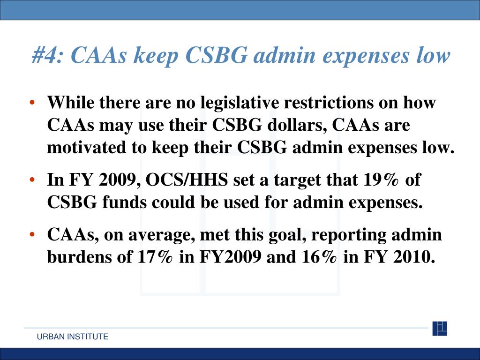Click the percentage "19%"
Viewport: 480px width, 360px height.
click(x=381, y=180)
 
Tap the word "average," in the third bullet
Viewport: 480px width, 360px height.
click(x=159, y=235)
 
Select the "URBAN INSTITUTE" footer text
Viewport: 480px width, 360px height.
click(x=73, y=337)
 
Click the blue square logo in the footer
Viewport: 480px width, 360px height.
click(x=440, y=328)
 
